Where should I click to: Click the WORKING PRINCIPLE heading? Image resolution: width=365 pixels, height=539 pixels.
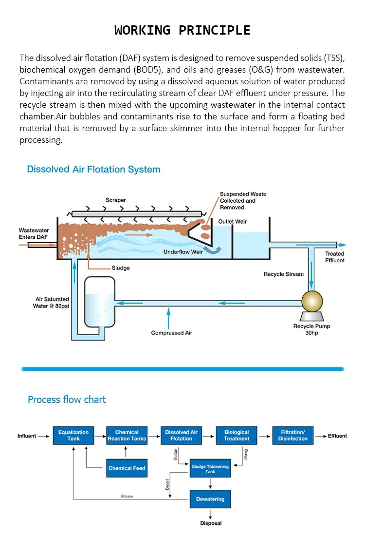coord(182,30)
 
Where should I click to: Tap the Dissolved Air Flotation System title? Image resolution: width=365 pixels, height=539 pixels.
coord(94,169)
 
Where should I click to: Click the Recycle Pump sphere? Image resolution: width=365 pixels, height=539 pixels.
coord(312,301)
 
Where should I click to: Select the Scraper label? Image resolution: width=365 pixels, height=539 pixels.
coord(116,200)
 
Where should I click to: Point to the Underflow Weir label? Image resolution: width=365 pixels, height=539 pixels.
coord(183,252)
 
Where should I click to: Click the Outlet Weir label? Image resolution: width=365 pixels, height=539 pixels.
coord(233,222)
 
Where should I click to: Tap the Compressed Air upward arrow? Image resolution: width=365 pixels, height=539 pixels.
coord(168,318)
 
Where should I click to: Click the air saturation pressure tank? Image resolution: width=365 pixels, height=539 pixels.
coord(100,302)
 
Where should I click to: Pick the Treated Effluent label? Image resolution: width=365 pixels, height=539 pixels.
coord(335,257)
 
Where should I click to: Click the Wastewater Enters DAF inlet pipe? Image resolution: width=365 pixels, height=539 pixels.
coord(42,245)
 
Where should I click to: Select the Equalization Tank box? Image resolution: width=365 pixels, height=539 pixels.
coord(73,436)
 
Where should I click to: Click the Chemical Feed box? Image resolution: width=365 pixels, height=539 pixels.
coord(127,468)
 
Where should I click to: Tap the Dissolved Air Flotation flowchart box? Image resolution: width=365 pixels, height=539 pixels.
coord(182,436)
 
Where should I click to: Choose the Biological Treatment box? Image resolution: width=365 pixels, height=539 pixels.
coord(237,436)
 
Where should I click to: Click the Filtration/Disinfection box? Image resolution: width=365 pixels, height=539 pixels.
coord(293,436)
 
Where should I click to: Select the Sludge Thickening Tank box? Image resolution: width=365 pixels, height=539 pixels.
coord(210,468)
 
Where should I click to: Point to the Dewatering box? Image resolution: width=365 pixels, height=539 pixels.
coord(210,499)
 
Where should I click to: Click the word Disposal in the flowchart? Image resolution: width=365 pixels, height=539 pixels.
coord(211,523)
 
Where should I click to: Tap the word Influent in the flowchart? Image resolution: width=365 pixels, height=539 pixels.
coord(27,436)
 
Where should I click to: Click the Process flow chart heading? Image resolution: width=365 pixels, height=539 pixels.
coord(67,400)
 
